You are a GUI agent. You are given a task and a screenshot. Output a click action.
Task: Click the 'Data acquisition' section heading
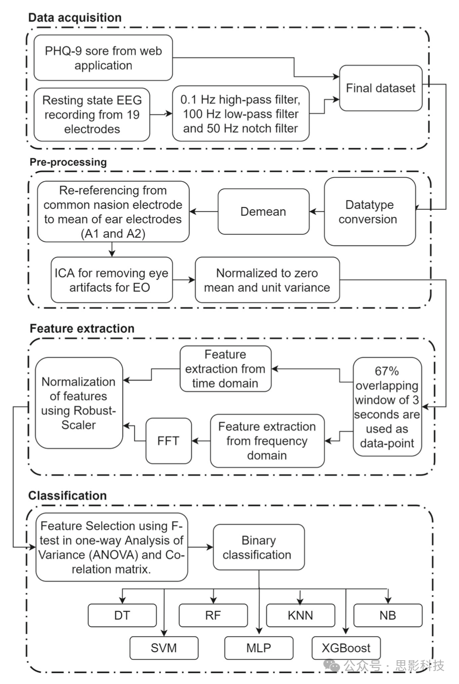point(74,18)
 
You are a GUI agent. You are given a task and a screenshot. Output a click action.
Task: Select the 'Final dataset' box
point(380,88)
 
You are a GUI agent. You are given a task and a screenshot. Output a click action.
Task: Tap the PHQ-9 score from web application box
point(103,58)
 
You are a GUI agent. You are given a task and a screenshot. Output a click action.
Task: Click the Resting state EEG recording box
point(92,115)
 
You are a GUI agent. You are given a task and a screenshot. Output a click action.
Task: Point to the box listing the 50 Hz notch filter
point(240,114)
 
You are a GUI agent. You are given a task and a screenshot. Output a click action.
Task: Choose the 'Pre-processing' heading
point(68,162)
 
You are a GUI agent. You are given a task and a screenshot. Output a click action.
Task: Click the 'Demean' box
point(263,212)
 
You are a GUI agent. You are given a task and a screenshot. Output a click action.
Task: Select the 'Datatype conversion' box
point(369,212)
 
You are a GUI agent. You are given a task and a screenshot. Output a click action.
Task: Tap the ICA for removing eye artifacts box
point(111,280)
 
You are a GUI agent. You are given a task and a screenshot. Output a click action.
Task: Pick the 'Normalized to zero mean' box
point(267,280)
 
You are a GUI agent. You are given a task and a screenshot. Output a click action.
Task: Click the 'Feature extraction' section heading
point(82,329)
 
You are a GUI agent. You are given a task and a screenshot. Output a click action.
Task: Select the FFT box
point(168,441)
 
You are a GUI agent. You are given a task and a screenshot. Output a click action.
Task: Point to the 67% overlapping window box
point(387,407)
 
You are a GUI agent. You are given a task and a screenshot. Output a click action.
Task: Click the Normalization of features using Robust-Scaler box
point(79,403)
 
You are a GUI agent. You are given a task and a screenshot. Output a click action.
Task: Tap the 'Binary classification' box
point(259,547)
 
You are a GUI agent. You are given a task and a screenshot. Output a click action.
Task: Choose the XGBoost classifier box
point(346,648)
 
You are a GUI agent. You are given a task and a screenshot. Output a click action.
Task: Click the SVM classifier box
point(164,648)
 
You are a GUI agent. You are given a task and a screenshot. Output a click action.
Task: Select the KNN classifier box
point(300,615)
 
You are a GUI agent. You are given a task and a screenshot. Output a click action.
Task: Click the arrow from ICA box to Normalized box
point(184,280)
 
